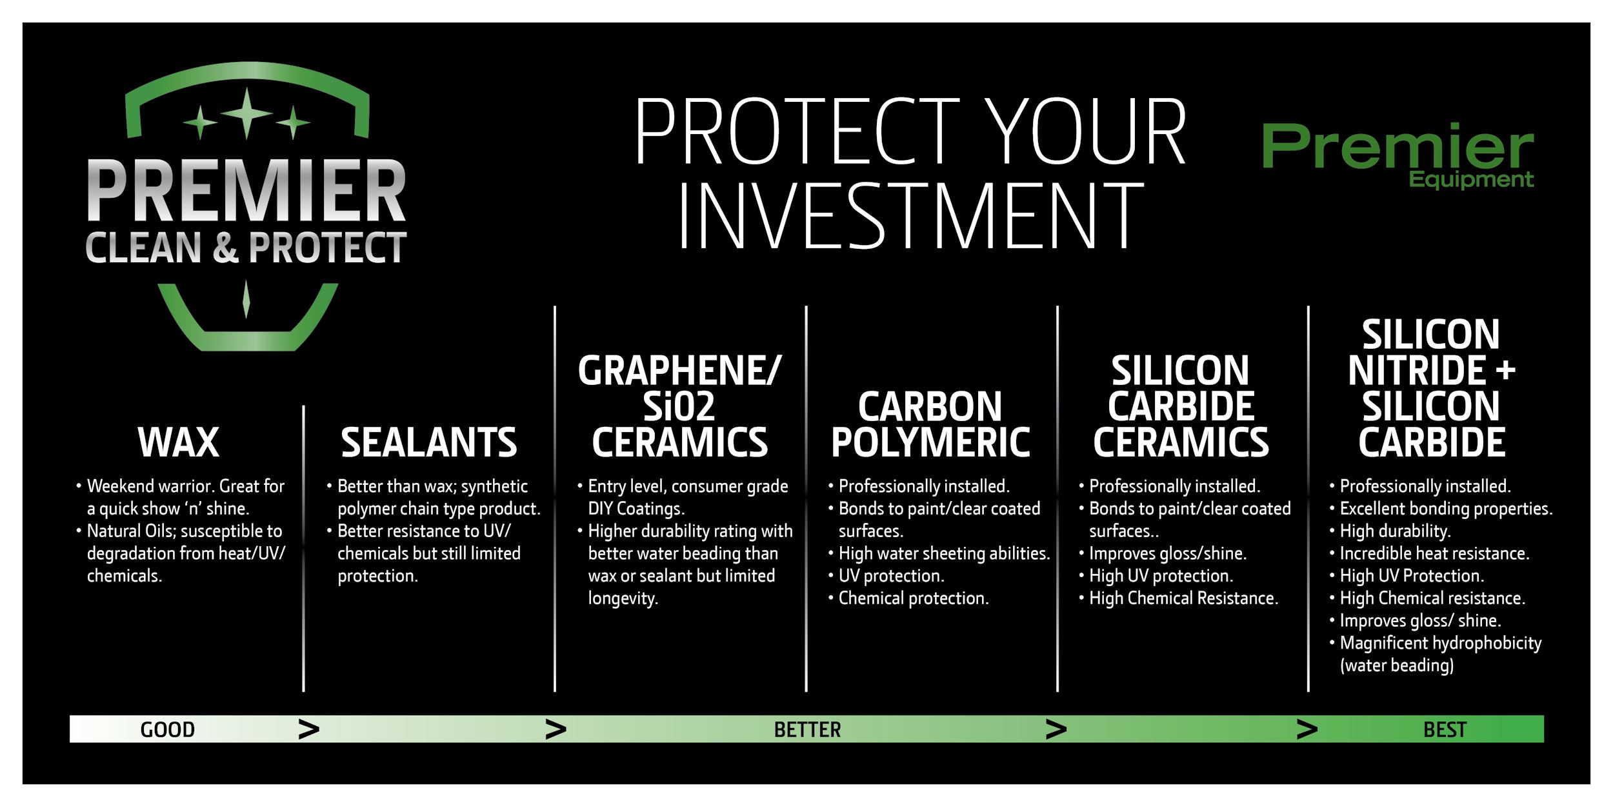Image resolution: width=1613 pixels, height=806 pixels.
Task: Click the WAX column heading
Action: pyautogui.click(x=179, y=442)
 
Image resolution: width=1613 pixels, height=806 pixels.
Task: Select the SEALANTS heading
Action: pyautogui.click(x=429, y=442)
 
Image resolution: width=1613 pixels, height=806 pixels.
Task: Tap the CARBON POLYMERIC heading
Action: pyautogui.click(x=930, y=424)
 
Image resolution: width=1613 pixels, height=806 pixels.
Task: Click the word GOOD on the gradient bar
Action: pyautogui.click(x=168, y=729)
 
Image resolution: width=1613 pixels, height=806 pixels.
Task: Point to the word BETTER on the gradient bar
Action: pyautogui.click(x=807, y=729)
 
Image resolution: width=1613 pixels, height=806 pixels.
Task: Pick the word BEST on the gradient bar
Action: pyautogui.click(x=1445, y=729)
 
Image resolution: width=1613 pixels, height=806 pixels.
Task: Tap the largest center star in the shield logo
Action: pyautogui.click(x=246, y=113)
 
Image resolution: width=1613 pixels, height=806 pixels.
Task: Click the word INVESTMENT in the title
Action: pyautogui.click(x=910, y=215)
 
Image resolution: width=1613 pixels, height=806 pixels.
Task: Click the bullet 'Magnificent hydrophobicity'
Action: pyautogui.click(x=1440, y=643)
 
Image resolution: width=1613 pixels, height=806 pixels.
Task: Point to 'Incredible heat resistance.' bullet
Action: pyautogui.click(x=1434, y=553)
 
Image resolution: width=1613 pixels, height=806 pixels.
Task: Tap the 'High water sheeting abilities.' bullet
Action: pyautogui.click(x=944, y=553)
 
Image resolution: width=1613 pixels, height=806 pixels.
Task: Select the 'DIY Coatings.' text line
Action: pyautogui.click(x=636, y=509)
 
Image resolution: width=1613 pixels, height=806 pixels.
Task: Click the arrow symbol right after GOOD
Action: pyautogui.click(x=309, y=729)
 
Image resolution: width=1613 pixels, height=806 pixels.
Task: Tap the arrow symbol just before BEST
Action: pyautogui.click(x=1307, y=729)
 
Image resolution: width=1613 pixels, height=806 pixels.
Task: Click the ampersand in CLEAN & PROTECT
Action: pyautogui.click(x=225, y=248)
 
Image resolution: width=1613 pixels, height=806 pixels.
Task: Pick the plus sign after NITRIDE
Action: pyautogui.click(x=1505, y=371)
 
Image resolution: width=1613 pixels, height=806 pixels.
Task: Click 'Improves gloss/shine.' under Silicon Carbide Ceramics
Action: pyautogui.click(x=1167, y=553)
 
